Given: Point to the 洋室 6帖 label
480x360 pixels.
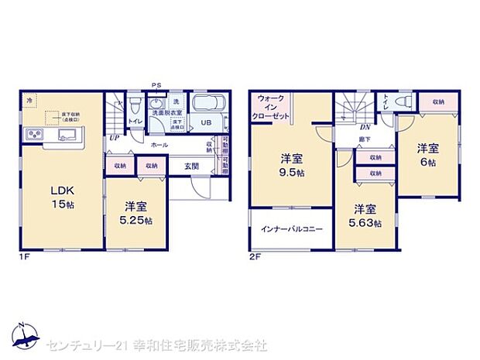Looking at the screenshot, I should [427, 155].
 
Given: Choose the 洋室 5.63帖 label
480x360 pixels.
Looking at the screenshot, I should [365, 215].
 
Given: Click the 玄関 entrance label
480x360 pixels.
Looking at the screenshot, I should [193, 166].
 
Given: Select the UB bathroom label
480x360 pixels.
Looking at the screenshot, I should [207, 122].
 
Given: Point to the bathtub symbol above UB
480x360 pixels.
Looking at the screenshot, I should [207, 104].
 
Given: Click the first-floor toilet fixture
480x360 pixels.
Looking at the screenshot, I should [134, 105].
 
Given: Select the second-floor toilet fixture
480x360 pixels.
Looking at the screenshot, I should [402, 102].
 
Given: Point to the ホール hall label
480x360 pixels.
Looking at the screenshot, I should [159, 145].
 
